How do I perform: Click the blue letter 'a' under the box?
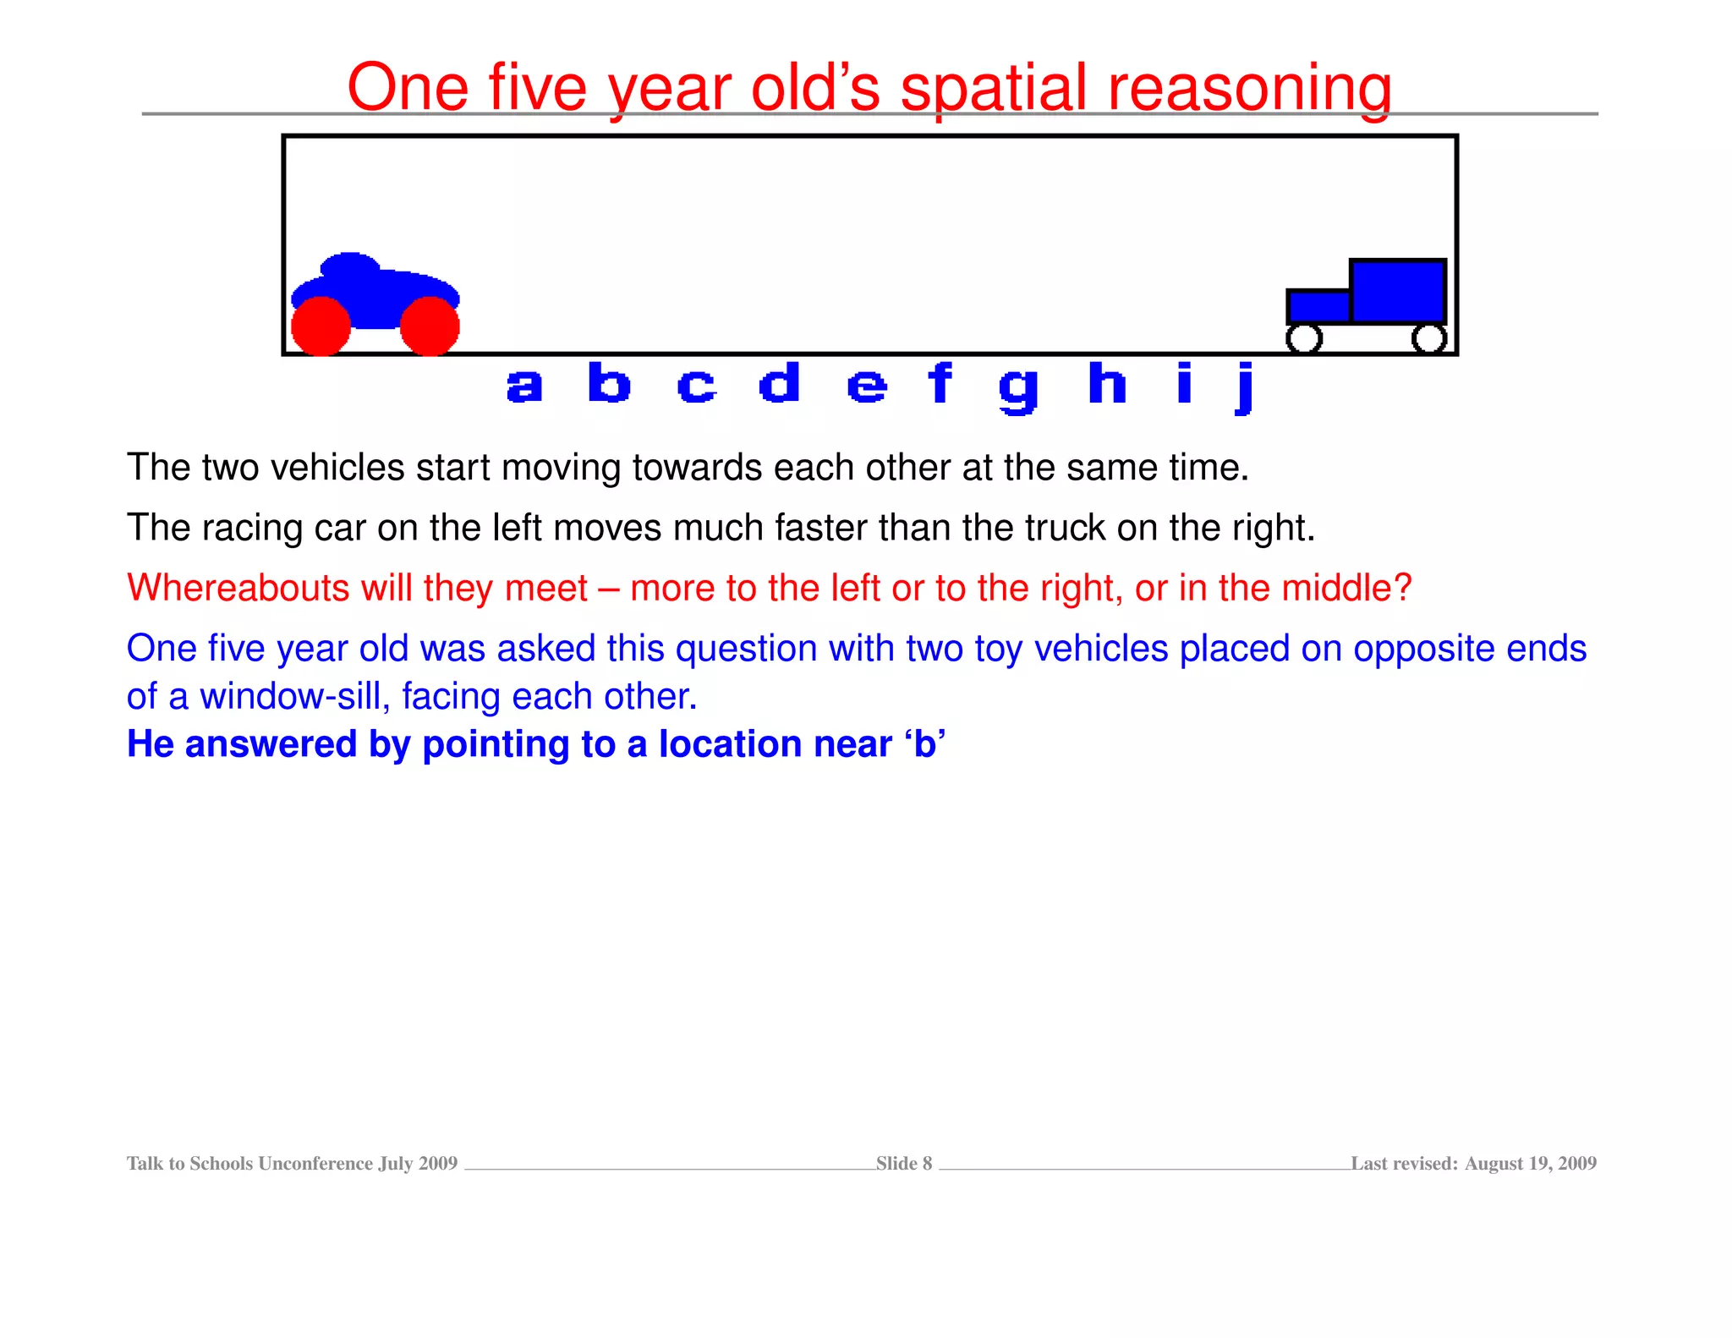point(523,386)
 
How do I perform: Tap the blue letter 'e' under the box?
point(866,387)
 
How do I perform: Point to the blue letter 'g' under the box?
point(1017,390)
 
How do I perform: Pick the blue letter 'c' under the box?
point(696,387)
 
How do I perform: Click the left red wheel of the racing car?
point(321,326)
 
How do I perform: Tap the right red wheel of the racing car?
point(430,326)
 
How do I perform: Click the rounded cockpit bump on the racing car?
point(350,266)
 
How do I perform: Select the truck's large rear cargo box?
point(1397,290)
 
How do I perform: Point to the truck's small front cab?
point(1318,306)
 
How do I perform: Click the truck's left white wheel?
point(1303,338)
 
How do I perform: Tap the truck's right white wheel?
point(1428,338)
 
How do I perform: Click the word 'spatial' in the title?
point(993,88)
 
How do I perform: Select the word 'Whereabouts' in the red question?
point(238,588)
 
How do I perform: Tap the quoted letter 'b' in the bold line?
point(924,744)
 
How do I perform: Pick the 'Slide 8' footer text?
point(903,1164)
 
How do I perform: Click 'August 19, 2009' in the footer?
point(1530,1164)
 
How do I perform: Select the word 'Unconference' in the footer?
point(315,1164)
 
